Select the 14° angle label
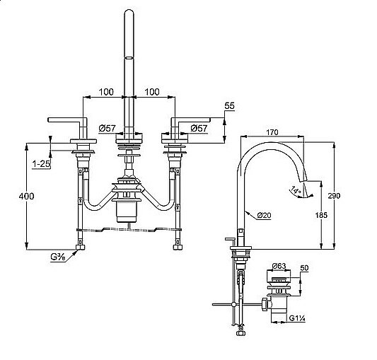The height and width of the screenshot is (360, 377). point(296,189)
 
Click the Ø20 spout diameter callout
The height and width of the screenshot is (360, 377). point(263,215)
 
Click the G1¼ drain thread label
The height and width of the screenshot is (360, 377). point(296,319)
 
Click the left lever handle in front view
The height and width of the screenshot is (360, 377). point(67,120)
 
